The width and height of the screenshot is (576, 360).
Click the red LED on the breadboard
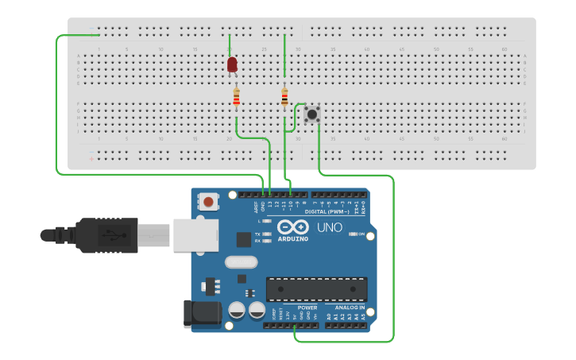(x=232, y=64)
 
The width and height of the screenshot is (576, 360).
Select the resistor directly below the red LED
(x=236, y=97)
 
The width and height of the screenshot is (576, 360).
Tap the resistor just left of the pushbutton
(x=284, y=97)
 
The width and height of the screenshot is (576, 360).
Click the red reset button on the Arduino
(x=208, y=202)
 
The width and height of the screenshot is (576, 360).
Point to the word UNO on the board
(x=329, y=228)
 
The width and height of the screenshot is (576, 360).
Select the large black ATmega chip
(x=316, y=289)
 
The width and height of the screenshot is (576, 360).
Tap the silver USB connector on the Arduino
(x=195, y=235)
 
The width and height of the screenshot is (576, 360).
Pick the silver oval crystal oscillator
(x=242, y=262)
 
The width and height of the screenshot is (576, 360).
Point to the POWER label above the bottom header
(x=307, y=307)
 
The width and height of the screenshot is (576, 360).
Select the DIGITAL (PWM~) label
(x=327, y=211)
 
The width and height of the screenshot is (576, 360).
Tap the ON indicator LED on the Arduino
(x=352, y=234)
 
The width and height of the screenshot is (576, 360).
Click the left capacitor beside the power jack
(x=237, y=310)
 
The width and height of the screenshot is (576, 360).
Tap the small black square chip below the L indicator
(x=244, y=238)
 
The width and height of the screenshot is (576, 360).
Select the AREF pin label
(x=256, y=207)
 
